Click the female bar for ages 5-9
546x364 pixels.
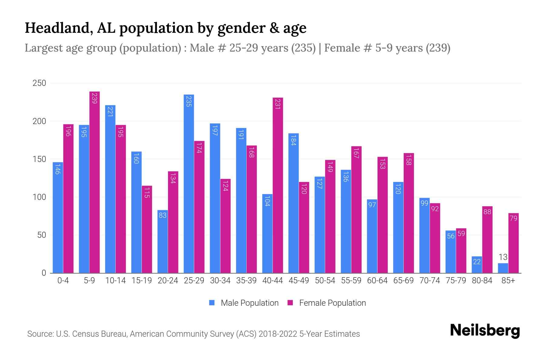pyautogui.click(x=95, y=182)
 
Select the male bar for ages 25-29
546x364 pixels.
pyautogui.click(x=189, y=184)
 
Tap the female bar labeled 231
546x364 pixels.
pyautogui.click(x=278, y=185)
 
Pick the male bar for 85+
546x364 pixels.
pyautogui.click(x=503, y=268)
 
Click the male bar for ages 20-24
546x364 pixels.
pyautogui.click(x=163, y=241)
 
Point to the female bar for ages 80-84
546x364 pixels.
pyautogui.click(x=487, y=240)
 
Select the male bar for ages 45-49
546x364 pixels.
pyautogui.click(x=293, y=203)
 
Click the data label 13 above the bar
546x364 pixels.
pyautogui.click(x=503, y=257)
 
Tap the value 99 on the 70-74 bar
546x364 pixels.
pyautogui.click(x=424, y=203)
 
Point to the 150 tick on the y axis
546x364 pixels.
pyautogui.click(x=39, y=159)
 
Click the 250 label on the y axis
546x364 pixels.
pyautogui.click(x=39, y=83)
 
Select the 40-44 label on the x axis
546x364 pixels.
pyautogui.click(x=272, y=281)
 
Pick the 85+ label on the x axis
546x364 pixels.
pyautogui.click(x=508, y=281)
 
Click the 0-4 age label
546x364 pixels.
pyautogui.click(x=63, y=281)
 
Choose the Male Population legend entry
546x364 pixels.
pyautogui.click(x=244, y=303)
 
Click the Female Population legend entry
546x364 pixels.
pyautogui.click(x=327, y=303)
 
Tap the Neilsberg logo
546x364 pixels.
pyautogui.click(x=485, y=330)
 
